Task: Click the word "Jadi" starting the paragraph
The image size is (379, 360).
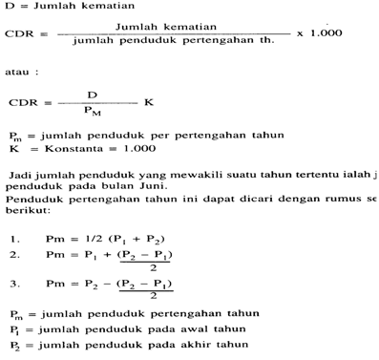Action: coord(23,177)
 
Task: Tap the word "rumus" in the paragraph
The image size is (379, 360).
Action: coord(335,202)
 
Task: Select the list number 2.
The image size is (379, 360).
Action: coord(14,255)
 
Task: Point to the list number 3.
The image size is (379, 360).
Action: coord(14,285)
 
